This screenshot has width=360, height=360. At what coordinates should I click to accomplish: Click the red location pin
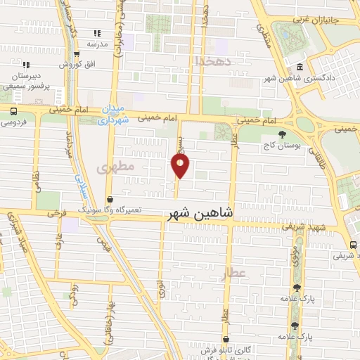181,165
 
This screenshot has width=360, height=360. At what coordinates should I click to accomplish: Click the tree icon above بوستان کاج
282,134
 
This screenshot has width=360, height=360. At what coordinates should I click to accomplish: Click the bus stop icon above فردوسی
14,111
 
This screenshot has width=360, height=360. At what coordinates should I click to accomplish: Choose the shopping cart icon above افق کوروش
73,55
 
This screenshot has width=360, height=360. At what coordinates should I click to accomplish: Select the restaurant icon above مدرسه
97,33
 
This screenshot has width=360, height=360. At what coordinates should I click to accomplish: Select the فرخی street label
56,211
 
